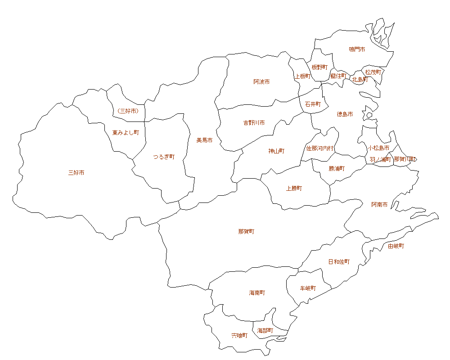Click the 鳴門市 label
click(x=357, y=49)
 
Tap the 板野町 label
click(x=319, y=67)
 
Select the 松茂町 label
click(x=373, y=72)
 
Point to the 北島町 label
click(x=360, y=80)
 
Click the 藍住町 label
click(x=338, y=76)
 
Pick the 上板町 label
click(x=302, y=76)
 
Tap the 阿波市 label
click(x=261, y=82)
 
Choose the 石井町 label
click(x=313, y=104)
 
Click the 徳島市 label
click(x=345, y=114)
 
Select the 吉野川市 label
click(x=254, y=123)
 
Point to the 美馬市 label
click(x=204, y=140)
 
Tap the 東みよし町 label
click(x=126, y=133)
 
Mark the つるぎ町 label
click(x=164, y=157)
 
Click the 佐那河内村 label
click(x=320, y=148)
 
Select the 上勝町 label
click(x=294, y=189)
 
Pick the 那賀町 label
click(x=246, y=232)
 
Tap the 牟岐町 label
click(x=308, y=288)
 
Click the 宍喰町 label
click(x=239, y=336)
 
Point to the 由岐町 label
click(x=396, y=246)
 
